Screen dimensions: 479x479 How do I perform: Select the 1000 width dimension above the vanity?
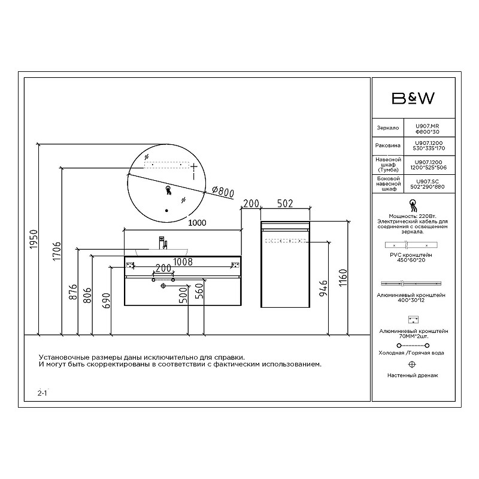[x=197, y=223]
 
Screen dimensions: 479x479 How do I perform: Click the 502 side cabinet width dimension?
[x=286, y=204]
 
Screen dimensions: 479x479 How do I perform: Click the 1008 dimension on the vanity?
[x=183, y=261]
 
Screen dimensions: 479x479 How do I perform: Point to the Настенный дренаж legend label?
[x=413, y=375]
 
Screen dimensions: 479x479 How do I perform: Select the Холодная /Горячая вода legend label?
[x=413, y=353]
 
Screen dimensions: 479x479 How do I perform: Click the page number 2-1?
[x=42, y=393]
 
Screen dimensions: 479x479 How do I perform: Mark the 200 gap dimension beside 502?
[x=251, y=204]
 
